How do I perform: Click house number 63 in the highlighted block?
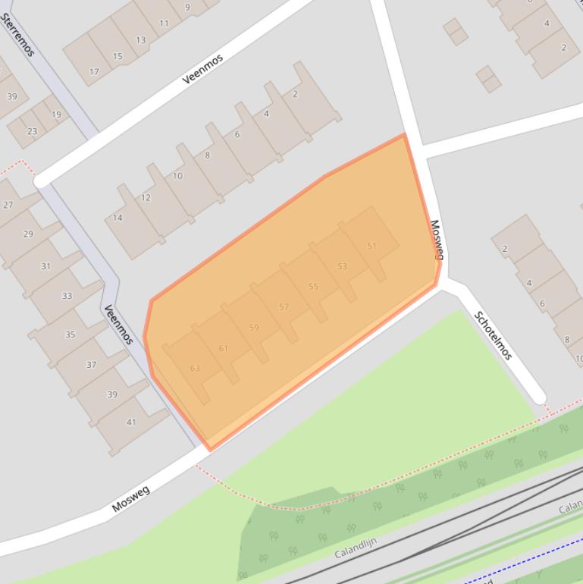[195, 368]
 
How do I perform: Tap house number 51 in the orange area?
[371, 246]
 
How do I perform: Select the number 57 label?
[284, 307]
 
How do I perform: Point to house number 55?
[313, 287]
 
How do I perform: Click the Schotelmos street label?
[494, 335]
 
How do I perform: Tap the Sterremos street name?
[18, 35]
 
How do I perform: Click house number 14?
[118, 218]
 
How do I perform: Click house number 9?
[187, 8]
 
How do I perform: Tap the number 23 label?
[32, 131]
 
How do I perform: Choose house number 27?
[8, 205]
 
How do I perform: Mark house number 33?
[67, 296]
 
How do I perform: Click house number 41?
[131, 422]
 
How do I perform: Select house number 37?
[91, 365]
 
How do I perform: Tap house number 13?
[141, 40]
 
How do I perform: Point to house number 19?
[56, 115]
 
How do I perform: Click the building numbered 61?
[223, 348]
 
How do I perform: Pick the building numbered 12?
[146, 198]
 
